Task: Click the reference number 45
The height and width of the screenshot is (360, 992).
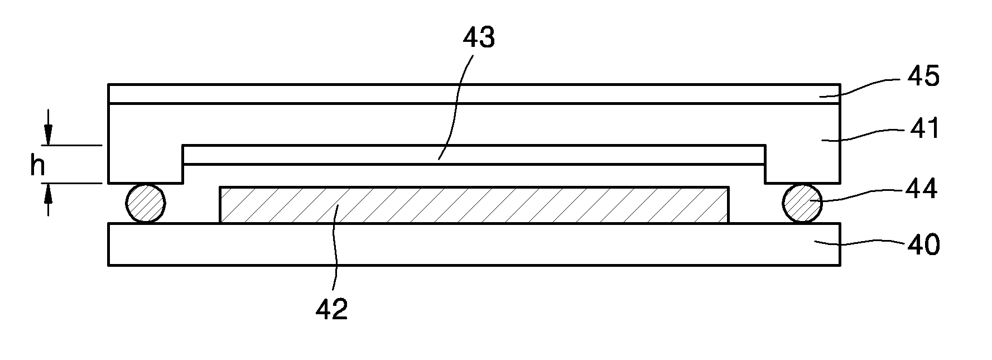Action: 923,76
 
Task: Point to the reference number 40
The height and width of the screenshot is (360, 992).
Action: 923,244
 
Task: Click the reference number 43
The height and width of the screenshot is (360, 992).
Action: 479,38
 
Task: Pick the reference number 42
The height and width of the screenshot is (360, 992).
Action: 331,309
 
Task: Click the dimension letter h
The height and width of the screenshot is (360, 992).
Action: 37,165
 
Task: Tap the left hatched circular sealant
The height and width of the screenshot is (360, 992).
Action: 146,204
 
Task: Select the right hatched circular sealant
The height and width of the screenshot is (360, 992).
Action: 802,204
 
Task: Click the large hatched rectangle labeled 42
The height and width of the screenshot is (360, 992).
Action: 474,205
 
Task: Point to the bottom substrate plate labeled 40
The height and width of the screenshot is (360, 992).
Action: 474,244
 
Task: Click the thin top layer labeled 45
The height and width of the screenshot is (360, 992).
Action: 474,94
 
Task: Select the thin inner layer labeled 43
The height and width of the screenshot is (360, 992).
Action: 474,155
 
